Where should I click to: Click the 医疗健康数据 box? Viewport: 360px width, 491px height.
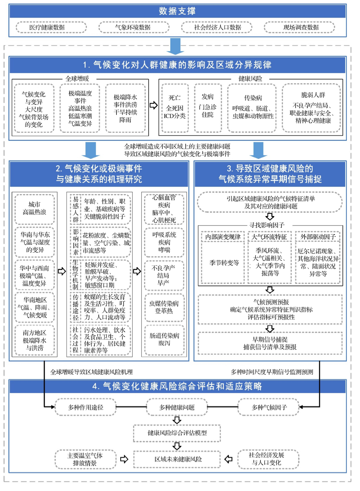(51, 27)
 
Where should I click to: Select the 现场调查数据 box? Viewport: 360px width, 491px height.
(299, 27)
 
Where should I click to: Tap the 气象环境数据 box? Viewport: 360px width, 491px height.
(134, 27)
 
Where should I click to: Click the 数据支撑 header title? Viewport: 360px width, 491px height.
(177, 11)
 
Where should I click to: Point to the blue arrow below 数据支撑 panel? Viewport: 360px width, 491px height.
(175, 47)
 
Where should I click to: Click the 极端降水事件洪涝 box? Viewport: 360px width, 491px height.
(126, 108)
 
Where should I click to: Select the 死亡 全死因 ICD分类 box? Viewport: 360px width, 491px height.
(175, 108)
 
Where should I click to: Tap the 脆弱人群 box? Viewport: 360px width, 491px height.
(311, 108)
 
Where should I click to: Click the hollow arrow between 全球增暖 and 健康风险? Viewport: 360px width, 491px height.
(154, 105)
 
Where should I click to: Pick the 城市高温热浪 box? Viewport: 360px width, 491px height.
(35, 209)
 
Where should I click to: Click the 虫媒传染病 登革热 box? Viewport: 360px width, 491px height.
(164, 308)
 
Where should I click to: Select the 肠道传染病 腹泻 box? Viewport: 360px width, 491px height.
(164, 340)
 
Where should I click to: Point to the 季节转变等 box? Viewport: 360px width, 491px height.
(223, 263)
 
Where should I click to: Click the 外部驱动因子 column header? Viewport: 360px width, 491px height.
(318, 237)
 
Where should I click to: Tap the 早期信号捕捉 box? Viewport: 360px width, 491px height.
(270, 343)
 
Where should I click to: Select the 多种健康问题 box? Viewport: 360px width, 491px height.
(177, 407)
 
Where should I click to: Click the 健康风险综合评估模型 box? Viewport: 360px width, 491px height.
(177, 433)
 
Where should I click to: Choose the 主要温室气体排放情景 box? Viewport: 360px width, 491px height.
(85, 459)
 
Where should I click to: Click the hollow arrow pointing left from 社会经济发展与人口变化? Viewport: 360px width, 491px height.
(228, 459)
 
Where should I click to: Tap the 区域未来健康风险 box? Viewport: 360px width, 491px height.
(177, 459)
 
